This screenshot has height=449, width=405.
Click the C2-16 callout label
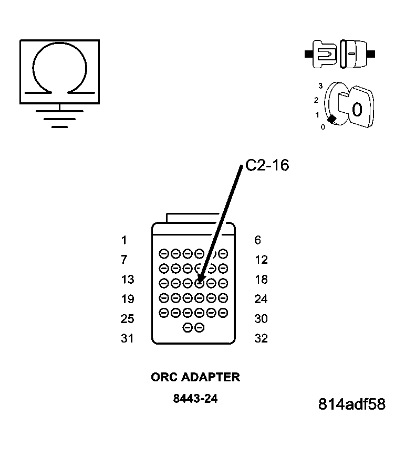267,165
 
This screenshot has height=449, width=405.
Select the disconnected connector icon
340,54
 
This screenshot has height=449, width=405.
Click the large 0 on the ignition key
357,110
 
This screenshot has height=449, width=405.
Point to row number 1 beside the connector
124,240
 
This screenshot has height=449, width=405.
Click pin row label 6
257,240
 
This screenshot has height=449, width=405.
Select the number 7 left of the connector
124,260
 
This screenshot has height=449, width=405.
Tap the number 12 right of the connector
261,260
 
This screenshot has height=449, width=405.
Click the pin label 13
127,280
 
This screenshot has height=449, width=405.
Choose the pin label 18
261,280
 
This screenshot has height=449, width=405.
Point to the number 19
127,299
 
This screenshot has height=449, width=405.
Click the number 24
261,299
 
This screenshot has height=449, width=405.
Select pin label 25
127,319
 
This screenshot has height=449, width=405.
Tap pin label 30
261,319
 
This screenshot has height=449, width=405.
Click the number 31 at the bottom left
127,338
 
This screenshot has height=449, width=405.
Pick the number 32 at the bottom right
261,338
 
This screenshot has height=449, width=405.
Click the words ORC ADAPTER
195,377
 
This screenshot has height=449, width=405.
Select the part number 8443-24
195,399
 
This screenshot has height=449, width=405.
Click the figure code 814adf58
351,404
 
